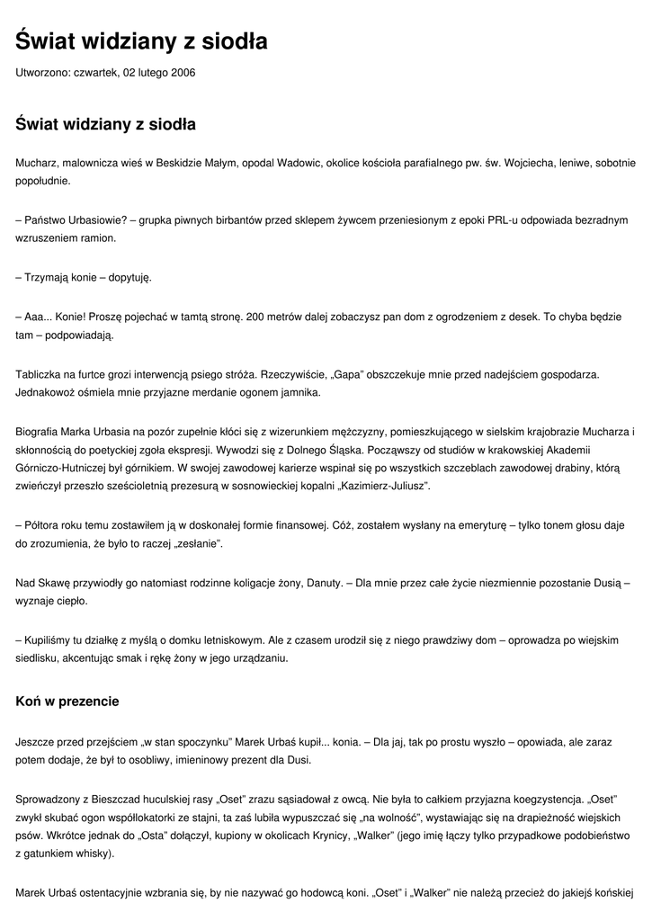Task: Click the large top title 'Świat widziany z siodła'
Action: tap(141, 41)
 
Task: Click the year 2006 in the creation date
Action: tap(183, 72)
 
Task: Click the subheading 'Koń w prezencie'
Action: tap(67, 701)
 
